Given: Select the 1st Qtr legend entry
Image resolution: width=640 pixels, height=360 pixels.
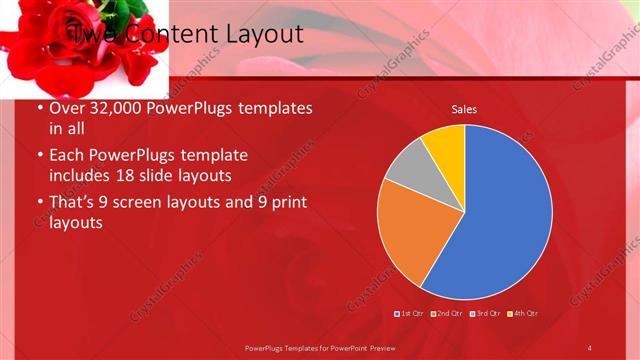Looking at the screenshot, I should [411, 314].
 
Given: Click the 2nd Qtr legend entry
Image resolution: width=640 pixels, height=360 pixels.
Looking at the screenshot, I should [447, 314].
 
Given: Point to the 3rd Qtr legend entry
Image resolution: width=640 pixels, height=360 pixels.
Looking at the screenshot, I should [485, 314].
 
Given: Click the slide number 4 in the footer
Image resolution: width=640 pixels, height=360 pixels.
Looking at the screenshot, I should [590, 347].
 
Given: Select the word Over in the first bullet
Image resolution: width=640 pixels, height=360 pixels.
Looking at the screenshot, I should [68, 108].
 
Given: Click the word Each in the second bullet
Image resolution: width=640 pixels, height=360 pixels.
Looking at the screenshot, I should [68, 156].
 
